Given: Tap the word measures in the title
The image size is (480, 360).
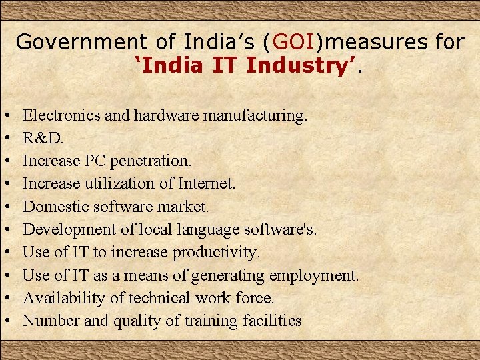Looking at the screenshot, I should pos(374,42).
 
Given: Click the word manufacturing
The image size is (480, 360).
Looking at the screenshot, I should pos(255,115).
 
